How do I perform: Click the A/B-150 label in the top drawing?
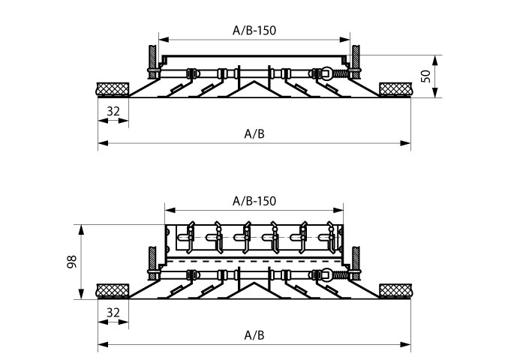254,31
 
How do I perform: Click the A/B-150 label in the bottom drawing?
254,201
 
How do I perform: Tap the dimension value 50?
426,76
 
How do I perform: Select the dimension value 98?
71,262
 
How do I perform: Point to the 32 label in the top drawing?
113,111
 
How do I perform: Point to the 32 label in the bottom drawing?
113,313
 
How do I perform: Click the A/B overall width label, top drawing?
254,133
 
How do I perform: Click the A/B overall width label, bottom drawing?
254,335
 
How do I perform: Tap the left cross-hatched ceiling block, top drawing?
113,89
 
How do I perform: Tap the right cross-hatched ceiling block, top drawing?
395,89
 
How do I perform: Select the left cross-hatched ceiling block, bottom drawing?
113,290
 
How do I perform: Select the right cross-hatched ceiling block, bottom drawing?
395,290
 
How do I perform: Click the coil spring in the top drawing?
340,74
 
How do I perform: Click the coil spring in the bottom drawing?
340,275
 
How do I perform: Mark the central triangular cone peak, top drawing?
254,81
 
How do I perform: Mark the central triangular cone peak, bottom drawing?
254,283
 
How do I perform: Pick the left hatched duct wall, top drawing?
152,61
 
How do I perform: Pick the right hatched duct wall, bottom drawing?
356,263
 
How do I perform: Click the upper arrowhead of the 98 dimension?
81,229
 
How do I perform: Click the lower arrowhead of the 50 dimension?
435,92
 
